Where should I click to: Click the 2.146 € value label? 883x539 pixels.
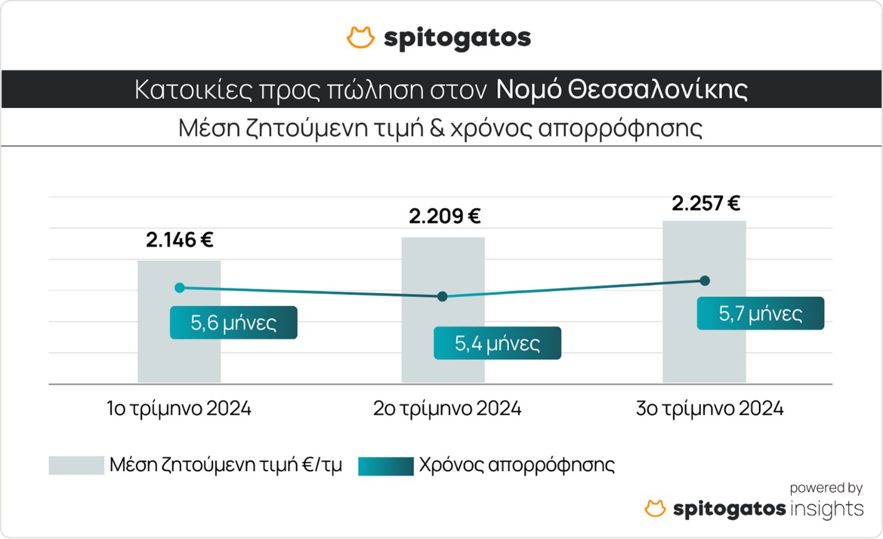click(x=180, y=240)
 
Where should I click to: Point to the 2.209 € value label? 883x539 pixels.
click(x=445, y=216)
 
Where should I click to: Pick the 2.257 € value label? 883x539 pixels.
click(x=706, y=203)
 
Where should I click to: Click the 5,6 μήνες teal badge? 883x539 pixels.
click(x=233, y=322)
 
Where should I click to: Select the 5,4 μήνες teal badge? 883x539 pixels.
click(x=497, y=343)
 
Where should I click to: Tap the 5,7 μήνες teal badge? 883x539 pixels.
click(x=760, y=314)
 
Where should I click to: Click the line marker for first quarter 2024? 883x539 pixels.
click(x=180, y=288)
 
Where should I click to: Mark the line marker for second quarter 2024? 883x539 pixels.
click(x=442, y=296)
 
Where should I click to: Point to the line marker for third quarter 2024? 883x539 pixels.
click(x=705, y=281)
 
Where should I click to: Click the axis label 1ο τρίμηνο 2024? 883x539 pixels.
click(x=179, y=409)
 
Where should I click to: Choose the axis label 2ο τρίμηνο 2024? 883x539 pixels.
click(x=447, y=409)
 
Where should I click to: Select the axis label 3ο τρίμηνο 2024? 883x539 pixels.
click(x=709, y=409)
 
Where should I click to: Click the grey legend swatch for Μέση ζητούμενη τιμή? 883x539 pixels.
click(x=77, y=466)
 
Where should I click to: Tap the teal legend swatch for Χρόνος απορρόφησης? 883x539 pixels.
click(x=386, y=466)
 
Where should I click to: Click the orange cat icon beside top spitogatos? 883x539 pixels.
click(x=361, y=38)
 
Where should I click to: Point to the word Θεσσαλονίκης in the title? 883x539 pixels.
click(x=658, y=90)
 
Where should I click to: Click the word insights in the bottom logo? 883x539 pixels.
click(x=827, y=509)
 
